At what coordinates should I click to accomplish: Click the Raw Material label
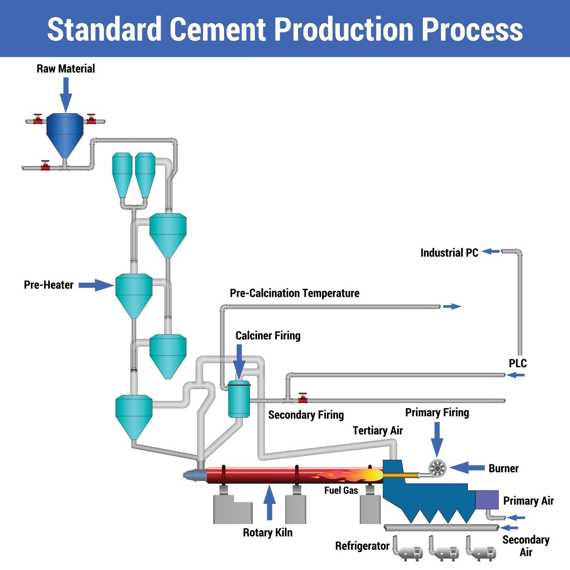click(66, 68)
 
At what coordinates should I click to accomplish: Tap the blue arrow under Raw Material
click(66, 95)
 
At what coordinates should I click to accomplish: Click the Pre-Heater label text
click(48, 285)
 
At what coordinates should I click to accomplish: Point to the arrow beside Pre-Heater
click(96, 285)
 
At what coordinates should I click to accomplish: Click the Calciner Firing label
click(268, 336)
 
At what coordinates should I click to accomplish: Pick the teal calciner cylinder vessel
click(239, 399)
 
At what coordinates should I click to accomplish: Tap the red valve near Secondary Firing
click(303, 398)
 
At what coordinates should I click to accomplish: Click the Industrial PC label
click(449, 253)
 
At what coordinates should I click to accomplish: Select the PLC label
click(518, 363)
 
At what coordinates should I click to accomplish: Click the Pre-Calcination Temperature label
click(295, 293)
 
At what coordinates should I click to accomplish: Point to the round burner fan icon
click(437, 468)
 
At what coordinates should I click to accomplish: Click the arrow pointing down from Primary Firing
click(437, 439)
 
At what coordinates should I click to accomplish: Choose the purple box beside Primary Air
click(487, 500)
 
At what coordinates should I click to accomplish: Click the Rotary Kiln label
click(268, 533)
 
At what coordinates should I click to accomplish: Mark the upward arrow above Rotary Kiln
click(270, 502)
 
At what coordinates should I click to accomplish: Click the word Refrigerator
click(362, 546)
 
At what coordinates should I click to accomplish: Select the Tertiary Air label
click(378, 430)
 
